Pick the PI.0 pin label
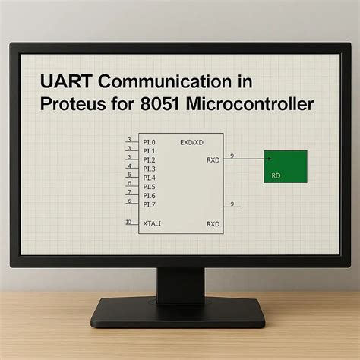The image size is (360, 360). (148, 141)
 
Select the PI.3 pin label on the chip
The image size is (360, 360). (148, 168)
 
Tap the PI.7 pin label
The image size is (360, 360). (148, 204)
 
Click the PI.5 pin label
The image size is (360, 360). (148, 186)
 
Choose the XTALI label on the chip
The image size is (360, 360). (151, 223)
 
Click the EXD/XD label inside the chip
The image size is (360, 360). (192, 141)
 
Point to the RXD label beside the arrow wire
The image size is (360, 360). (213, 159)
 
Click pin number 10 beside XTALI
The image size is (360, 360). (128, 223)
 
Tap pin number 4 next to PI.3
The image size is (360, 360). (129, 166)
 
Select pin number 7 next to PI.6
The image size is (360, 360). (129, 192)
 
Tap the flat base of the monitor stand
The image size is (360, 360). (179, 311)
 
